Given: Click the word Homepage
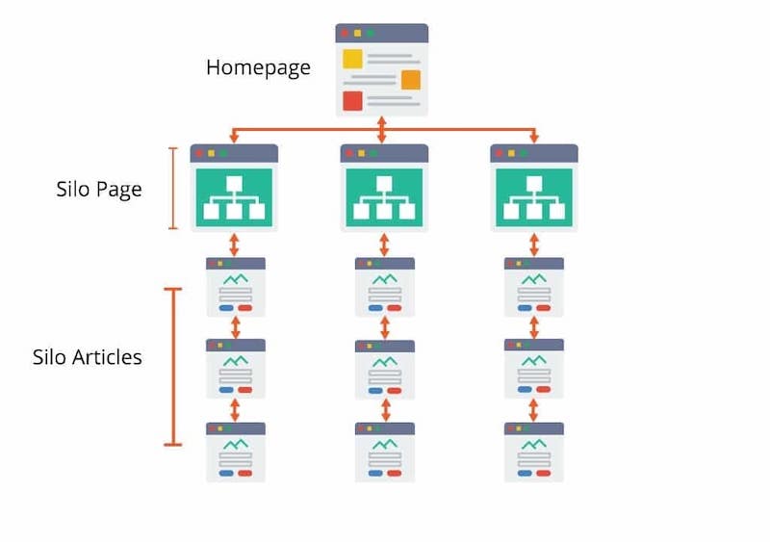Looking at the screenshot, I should pyautogui.click(x=258, y=67).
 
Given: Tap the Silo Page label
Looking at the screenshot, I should pyautogui.click(x=98, y=189).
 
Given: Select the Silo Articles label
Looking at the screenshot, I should pyautogui.click(x=87, y=357).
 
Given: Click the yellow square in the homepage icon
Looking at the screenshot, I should pyautogui.click(x=352, y=59).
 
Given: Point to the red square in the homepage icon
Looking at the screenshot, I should pyautogui.click(x=352, y=100).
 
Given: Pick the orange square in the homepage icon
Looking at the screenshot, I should pyautogui.click(x=411, y=80).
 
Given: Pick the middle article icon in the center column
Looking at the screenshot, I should pyautogui.click(x=385, y=370).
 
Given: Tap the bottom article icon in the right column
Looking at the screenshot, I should pyautogui.click(x=534, y=452).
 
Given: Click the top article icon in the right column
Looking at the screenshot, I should pyautogui.click(x=534, y=287).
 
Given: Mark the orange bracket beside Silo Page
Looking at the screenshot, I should pyautogui.click(x=173, y=189).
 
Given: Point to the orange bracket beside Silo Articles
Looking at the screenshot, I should pyautogui.click(x=173, y=367).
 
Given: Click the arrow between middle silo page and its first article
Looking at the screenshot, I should pyautogui.click(x=384, y=245).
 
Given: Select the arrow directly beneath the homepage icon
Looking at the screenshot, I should pyautogui.click(x=382, y=128).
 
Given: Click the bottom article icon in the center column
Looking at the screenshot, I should pyautogui.click(x=385, y=452).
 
